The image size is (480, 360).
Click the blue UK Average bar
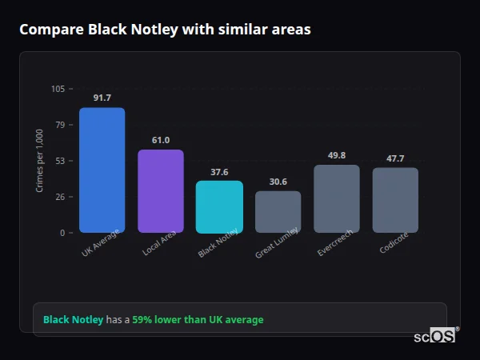click(102, 170)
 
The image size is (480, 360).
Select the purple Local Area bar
click(161, 191)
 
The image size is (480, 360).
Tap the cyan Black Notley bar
click(219, 206)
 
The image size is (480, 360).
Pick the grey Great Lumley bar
click(278, 211)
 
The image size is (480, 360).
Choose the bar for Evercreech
click(337, 198)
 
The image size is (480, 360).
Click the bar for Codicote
click(395, 200)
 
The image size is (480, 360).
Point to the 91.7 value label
click(102, 98)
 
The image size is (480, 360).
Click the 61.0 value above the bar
click(161, 140)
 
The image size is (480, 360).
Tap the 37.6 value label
click(219, 172)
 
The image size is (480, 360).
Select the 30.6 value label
click(278, 182)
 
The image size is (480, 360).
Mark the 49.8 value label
click(337, 155)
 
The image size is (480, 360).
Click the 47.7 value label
click(395, 158)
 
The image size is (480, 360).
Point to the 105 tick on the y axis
click(58, 89)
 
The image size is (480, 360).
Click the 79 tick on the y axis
click(60, 125)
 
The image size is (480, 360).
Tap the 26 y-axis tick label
click(60, 197)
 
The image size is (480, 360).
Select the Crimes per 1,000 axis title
click(40, 161)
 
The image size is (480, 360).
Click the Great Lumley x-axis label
click(277, 242)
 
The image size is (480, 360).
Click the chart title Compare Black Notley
click(165, 30)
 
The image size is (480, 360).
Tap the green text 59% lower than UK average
click(198, 320)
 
